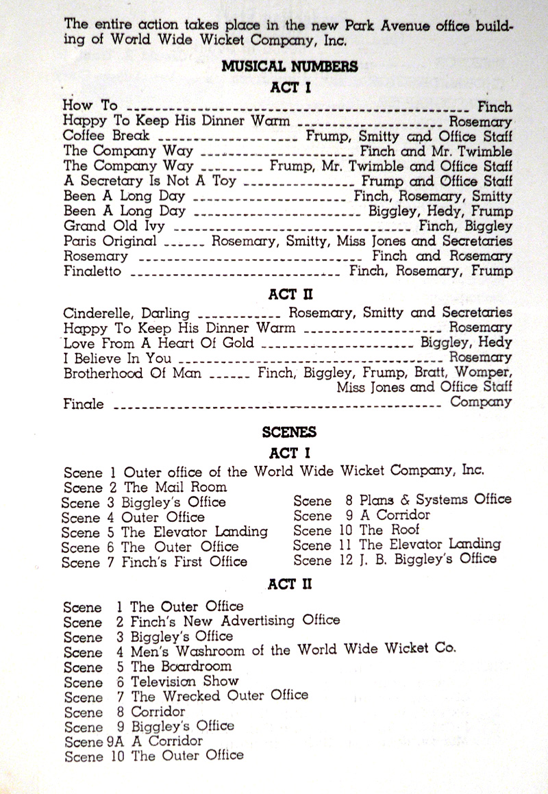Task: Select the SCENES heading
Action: (x=289, y=432)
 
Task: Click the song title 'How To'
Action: (x=90, y=106)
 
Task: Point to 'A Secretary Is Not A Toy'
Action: (x=149, y=181)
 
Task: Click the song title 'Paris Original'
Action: (x=110, y=241)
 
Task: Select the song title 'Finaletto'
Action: (x=92, y=271)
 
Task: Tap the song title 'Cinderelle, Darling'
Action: (x=126, y=313)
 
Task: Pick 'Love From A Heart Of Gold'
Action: (x=158, y=343)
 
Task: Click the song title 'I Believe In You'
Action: (x=117, y=358)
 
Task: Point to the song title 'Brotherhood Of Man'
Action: (x=132, y=373)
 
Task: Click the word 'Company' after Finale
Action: (x=480, y=402)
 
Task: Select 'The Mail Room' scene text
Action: (x=175, y=487)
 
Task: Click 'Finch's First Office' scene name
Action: (x=184, y=562)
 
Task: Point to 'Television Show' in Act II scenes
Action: (x=184, y=682)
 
